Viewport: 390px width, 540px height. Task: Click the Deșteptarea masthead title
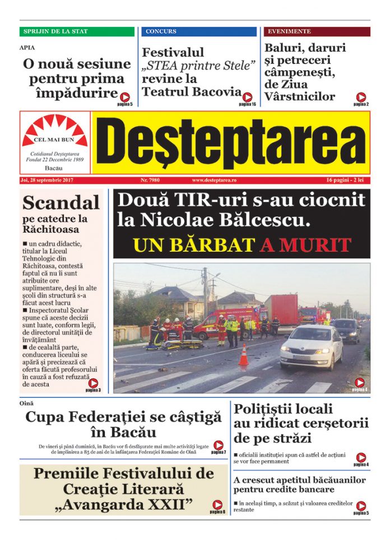[x=230, y=142]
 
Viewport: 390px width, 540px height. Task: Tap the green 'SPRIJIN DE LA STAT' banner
[x=77, y=31]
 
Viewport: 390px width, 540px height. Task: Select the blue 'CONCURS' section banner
[x=199, y=31]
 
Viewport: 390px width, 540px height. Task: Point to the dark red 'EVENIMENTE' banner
[x=317, y=31]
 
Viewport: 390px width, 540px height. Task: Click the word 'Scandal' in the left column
[x=61, y=202]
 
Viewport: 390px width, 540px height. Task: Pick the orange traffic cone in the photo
[x=244, y=356]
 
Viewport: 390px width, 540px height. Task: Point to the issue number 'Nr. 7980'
[x=150, y=181]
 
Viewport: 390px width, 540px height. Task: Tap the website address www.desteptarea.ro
[x=215, y=181]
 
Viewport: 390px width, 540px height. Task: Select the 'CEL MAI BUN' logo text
[x=54, y=141]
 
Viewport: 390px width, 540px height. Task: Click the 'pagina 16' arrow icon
[x=248, y=97]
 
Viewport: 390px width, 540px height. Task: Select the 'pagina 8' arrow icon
[x=217, y=505]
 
